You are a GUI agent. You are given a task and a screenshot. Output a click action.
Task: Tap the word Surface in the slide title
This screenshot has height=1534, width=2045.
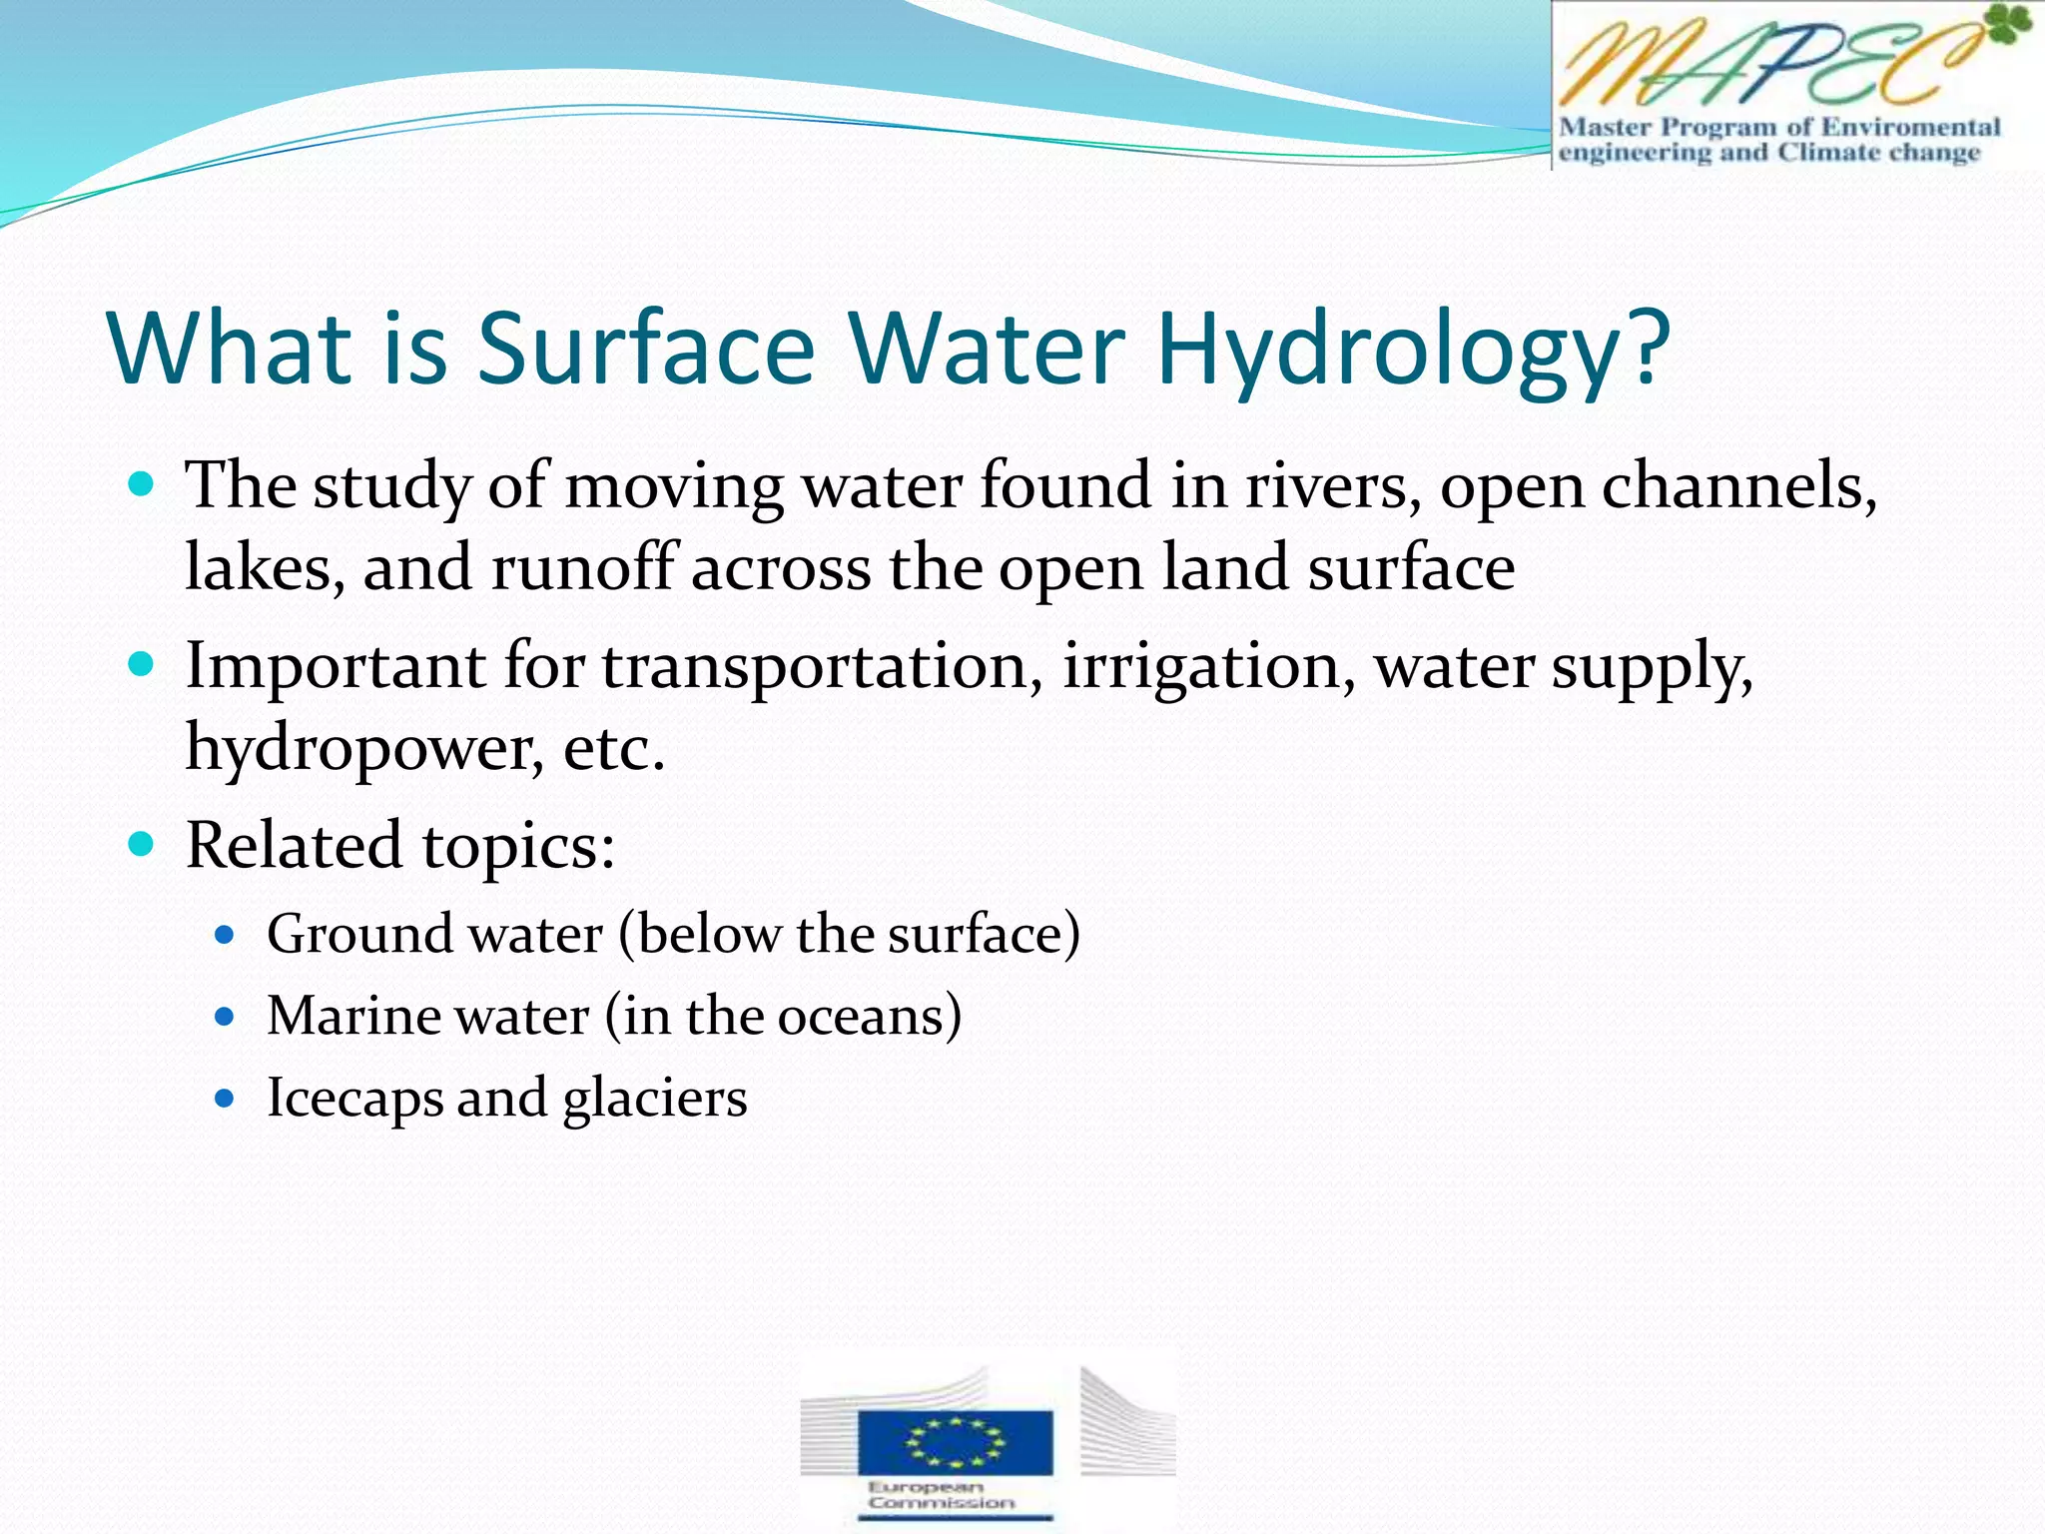point(646,350)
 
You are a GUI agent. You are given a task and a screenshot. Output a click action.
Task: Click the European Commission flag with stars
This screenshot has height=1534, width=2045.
point(955,1441)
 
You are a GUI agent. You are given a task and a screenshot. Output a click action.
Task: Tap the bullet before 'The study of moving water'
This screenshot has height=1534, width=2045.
point(142,485)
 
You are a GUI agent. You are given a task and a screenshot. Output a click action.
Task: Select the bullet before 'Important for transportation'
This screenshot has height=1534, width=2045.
point(142,664)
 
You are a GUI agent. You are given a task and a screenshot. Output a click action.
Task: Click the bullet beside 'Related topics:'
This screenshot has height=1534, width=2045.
point(142,845)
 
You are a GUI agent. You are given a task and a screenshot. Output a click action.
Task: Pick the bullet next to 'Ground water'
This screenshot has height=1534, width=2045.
point(225,936)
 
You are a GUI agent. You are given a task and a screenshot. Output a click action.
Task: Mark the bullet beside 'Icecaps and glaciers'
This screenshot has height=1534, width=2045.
point(225,1100)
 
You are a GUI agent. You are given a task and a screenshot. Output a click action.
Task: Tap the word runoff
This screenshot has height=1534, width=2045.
point(584,567)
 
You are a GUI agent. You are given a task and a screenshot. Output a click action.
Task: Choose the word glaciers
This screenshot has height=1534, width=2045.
point(655,1100)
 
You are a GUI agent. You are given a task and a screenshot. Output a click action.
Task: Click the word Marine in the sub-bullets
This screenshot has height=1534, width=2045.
point(353,1017)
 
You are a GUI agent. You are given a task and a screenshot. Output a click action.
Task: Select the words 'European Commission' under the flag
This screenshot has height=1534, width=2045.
point(940,1495)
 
